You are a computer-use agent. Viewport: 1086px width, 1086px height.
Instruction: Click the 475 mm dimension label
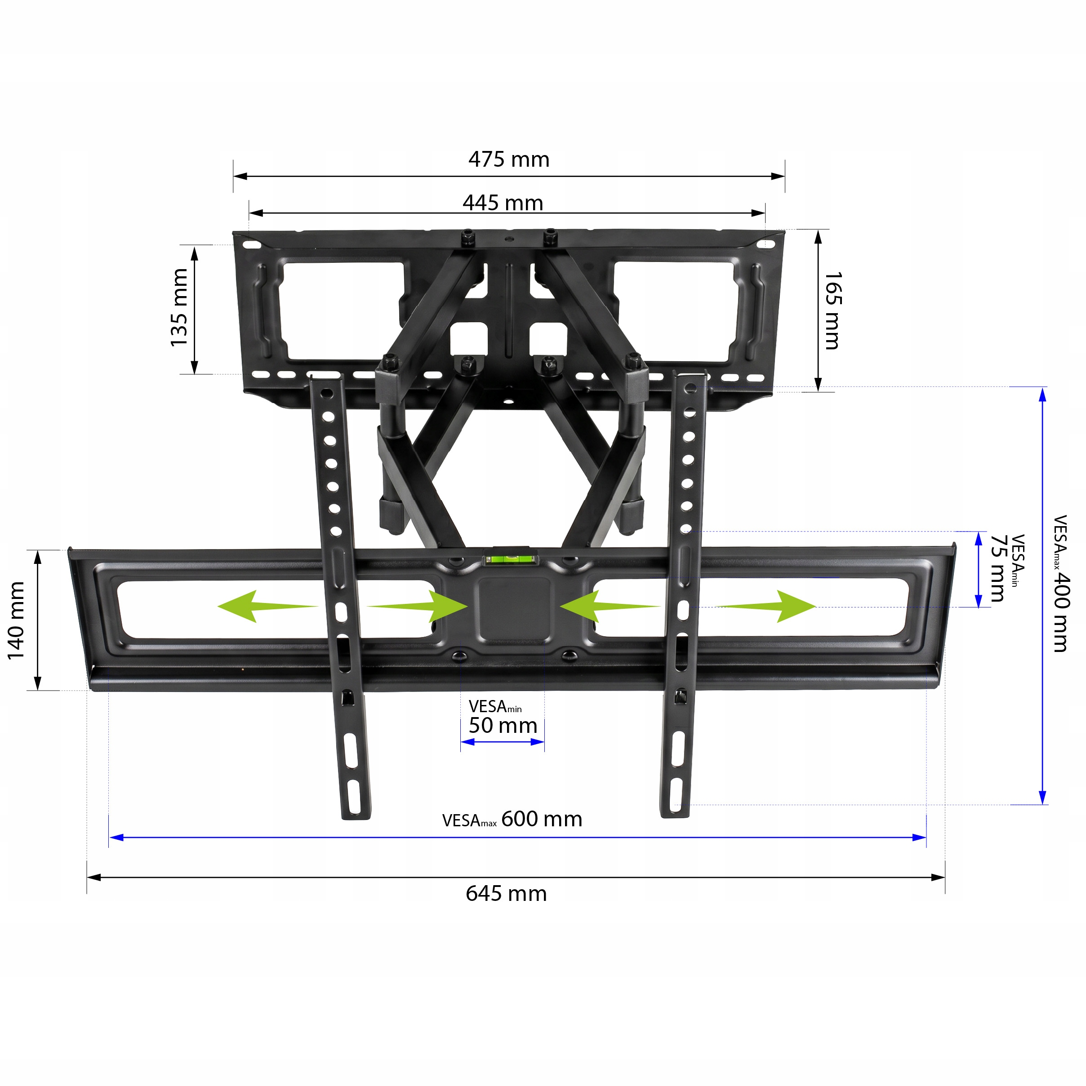point(508,159)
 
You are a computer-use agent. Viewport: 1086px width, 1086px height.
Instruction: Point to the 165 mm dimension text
point(833,310)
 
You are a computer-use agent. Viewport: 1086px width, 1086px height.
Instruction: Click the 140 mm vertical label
point(16,621)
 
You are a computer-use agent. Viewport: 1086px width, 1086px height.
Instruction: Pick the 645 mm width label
point(506,893)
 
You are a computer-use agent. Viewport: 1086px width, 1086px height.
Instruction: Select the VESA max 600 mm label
point(512,819)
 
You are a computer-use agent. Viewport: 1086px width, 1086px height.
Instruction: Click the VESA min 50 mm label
point(503,718)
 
